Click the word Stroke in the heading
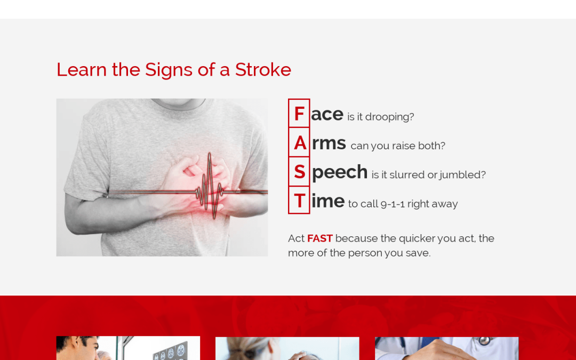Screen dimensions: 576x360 pyautogui.click(x=263, y=69)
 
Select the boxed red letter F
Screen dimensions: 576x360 pyautogui.click(x=299, y=114)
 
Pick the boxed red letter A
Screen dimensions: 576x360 pyautogui.click(x=300, y=143)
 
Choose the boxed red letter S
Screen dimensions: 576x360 pyautogui.click(x=299, y=172)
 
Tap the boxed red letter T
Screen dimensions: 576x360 pyautogui.click(x=299, y=201)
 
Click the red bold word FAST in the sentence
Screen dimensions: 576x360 pyautogui.click(x=320, y=238)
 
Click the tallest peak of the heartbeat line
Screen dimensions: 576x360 pyautogui.click(x=210, y=154)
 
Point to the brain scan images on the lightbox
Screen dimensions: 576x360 pyautogui.click(x=171, y=351)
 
